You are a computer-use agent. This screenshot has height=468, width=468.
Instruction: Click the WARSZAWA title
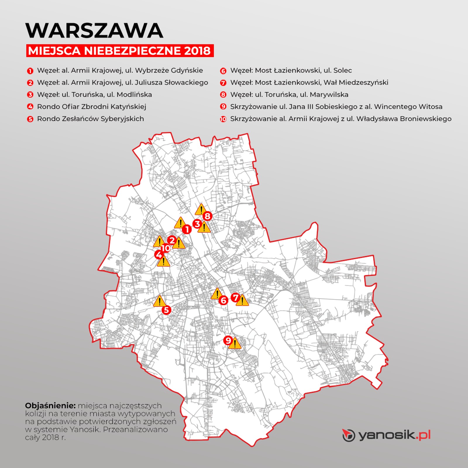point(94,30)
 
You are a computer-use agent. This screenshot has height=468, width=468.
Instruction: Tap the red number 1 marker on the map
point(187,229)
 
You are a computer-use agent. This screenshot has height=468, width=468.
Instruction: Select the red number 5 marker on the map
point(166,310)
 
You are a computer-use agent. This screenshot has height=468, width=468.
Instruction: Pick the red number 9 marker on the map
point(228,340)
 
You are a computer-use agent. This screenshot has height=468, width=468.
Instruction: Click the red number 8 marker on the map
point(207,216)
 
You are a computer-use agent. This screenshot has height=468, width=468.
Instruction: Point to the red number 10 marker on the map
point(166,248)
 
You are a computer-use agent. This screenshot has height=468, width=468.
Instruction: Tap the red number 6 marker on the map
point(223,300)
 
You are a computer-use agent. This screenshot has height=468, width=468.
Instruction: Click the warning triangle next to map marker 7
point(242,301)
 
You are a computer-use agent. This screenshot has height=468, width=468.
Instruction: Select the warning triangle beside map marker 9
point(235,343)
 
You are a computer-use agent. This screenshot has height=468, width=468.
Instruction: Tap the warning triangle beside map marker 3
point(204,228)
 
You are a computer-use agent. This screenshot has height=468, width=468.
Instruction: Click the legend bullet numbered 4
point(30,107)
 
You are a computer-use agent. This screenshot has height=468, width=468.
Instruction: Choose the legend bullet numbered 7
point(223,83)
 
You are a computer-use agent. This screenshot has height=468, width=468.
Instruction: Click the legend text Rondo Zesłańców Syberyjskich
point(90,119)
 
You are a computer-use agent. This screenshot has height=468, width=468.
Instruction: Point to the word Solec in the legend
point(343,70)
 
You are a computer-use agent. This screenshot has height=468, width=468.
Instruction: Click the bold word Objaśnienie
point(50,406)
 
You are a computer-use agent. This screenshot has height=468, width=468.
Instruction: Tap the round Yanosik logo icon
point(349,436)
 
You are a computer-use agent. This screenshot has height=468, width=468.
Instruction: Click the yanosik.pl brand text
point(395,436)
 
